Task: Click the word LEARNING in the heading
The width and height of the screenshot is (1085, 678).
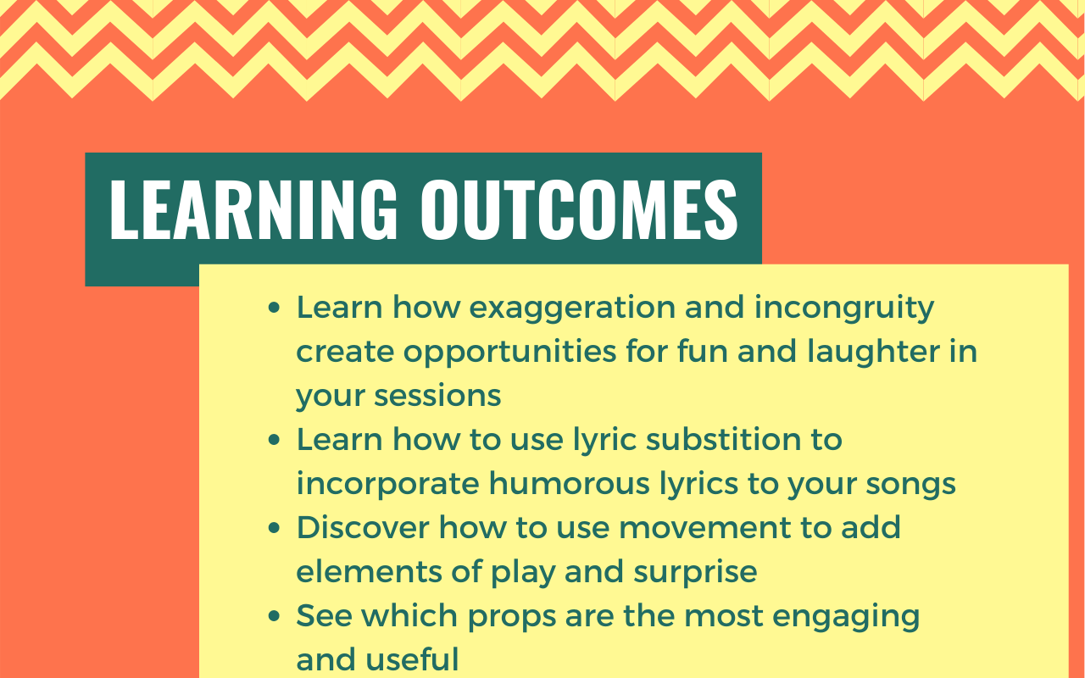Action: (x=253, y=209)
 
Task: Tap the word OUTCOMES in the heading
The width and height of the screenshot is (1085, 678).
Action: (x=579, y=209)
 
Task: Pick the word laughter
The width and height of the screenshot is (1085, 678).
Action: (x=873, y=351)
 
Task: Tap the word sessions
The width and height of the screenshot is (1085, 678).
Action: (x=437, y=396)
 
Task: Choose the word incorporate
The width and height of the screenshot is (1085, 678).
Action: (x=388, y=484)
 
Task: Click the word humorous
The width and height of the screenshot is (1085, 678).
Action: (x=569, y=483)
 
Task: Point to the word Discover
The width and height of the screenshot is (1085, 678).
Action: (x=363, y=527)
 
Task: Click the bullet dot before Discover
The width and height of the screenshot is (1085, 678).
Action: (x=274, y=528)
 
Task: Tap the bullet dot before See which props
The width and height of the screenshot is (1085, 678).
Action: (x=274, y=616)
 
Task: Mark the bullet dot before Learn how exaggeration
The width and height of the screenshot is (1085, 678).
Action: (x=274, y=308)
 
